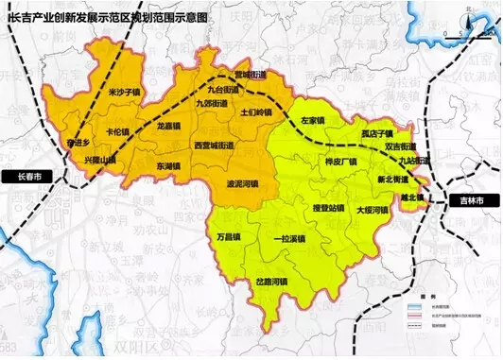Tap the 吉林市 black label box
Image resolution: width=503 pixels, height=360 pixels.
[461, 201]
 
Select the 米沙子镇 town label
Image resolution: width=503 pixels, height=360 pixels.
[124, 93]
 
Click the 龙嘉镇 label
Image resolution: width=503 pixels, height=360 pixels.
[169, 125]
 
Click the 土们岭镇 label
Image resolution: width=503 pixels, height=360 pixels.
[256, 112]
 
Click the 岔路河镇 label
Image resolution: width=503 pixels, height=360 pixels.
[272, 282]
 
